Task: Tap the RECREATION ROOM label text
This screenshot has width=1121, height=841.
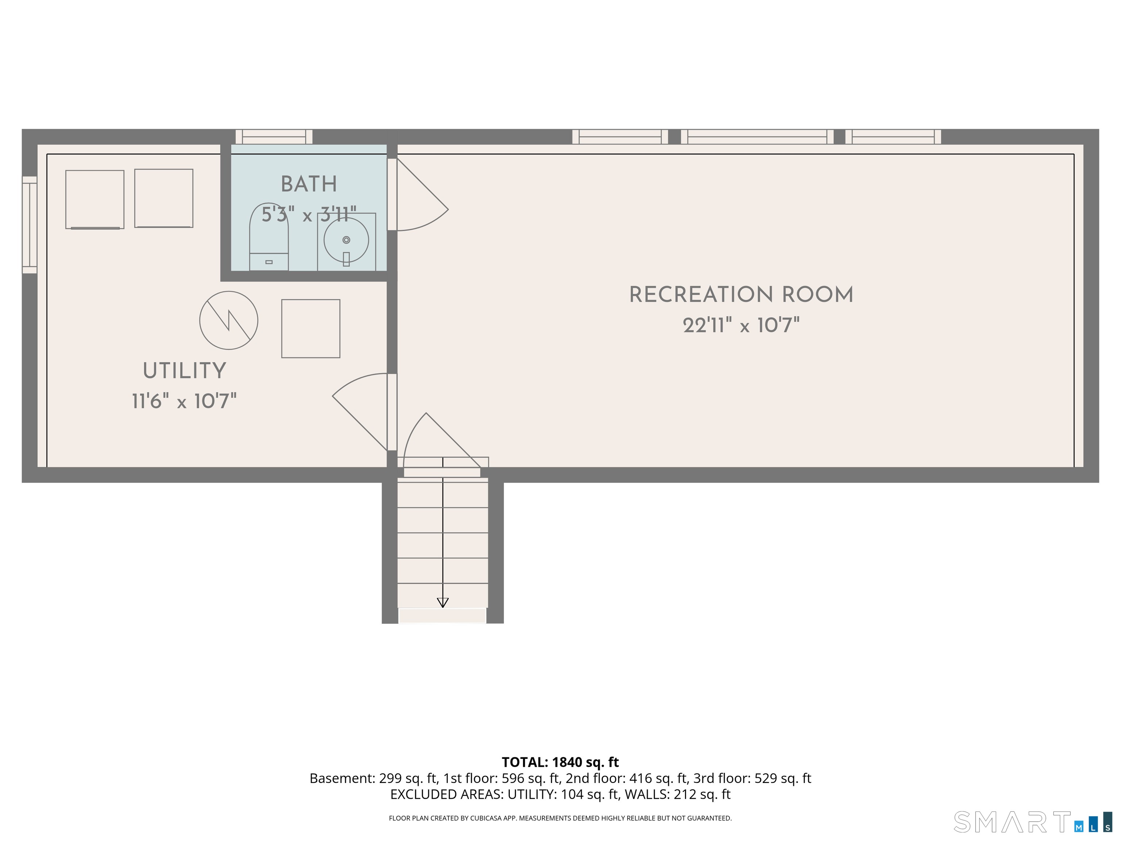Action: point(741,295)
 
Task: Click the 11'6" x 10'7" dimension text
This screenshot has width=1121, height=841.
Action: point(185,402)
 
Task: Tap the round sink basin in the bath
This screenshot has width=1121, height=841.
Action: point(346,240)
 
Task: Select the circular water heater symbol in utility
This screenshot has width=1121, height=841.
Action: point(228,320)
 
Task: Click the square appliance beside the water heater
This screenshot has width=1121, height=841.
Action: point(311,329)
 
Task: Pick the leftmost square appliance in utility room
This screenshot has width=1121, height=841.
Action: point(95,199)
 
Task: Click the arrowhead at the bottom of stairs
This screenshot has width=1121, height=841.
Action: point(442,602)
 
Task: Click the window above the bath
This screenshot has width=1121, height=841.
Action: point(274,137)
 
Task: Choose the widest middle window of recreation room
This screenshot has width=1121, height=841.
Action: point(757,137)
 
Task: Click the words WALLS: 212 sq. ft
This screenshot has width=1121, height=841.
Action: point(678,794)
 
